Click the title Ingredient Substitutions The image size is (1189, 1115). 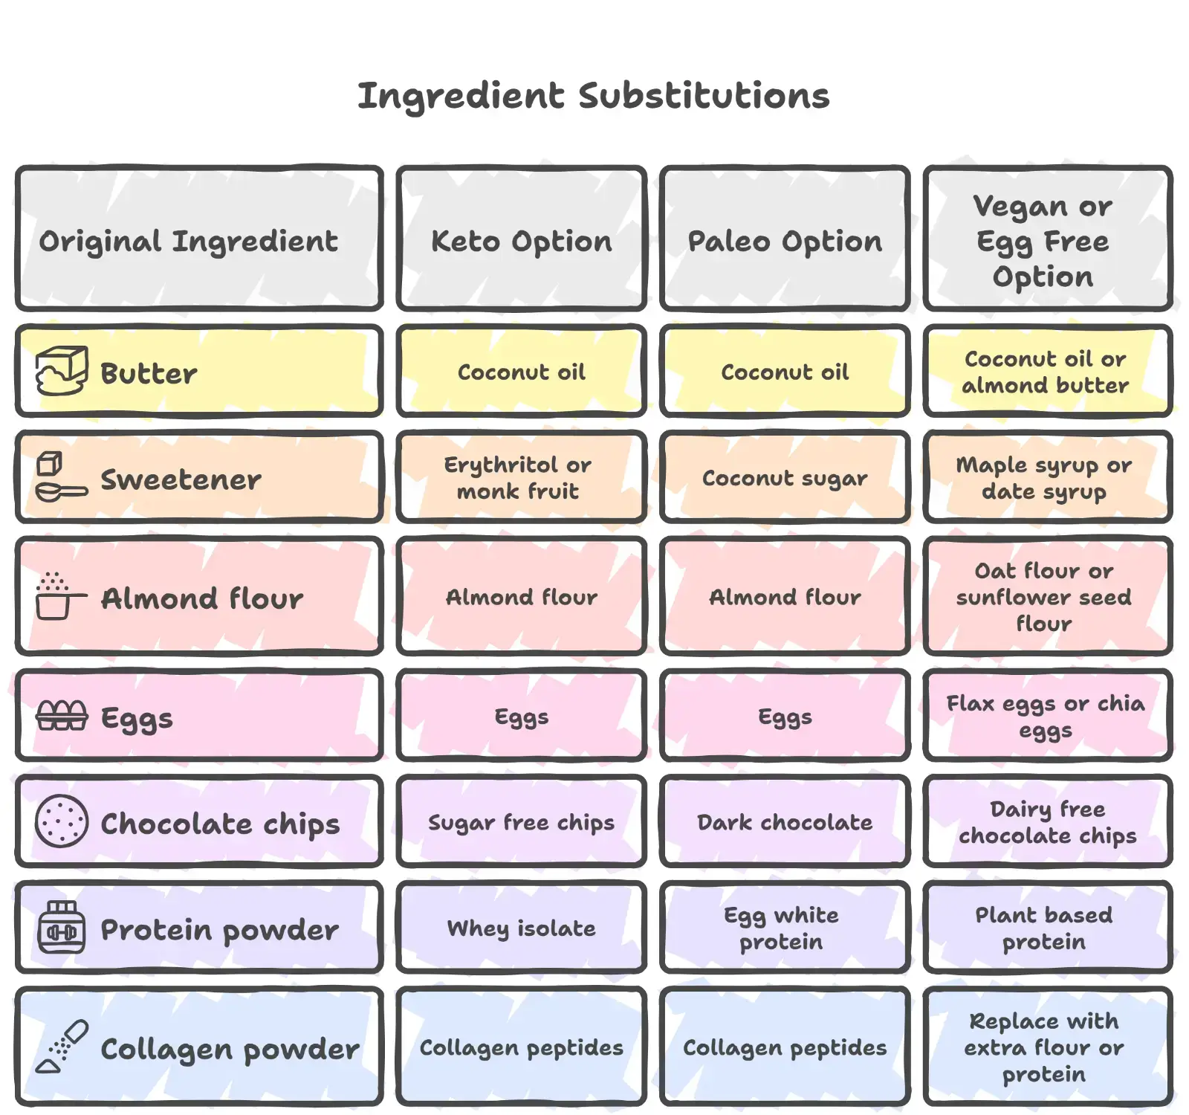[x=593, y=96]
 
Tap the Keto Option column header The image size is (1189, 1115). [x=522, y=241]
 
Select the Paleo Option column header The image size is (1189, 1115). [x=785, y=241]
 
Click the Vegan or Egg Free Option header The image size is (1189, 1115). [x=1043, y=241]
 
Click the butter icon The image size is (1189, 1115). [x=62, y=370]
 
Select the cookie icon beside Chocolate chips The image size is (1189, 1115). [x=62, y=821]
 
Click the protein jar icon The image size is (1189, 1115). [x=62, y=927]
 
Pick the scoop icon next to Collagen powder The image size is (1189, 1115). [x=62, y=1046]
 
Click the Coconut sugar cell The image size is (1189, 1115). [x=785, y=477]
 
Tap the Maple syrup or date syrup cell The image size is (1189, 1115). [x=1044, y=477]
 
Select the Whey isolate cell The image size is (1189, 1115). [x=522, y=928]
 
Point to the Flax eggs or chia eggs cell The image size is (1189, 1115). [x=1045, y=716]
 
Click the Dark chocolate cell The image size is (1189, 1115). [x=785, y=821]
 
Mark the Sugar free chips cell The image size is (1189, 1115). [x=522, y=821]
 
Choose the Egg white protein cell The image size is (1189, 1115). [x=782, y=928]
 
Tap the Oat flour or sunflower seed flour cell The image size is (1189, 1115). [x=1044, y=596]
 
